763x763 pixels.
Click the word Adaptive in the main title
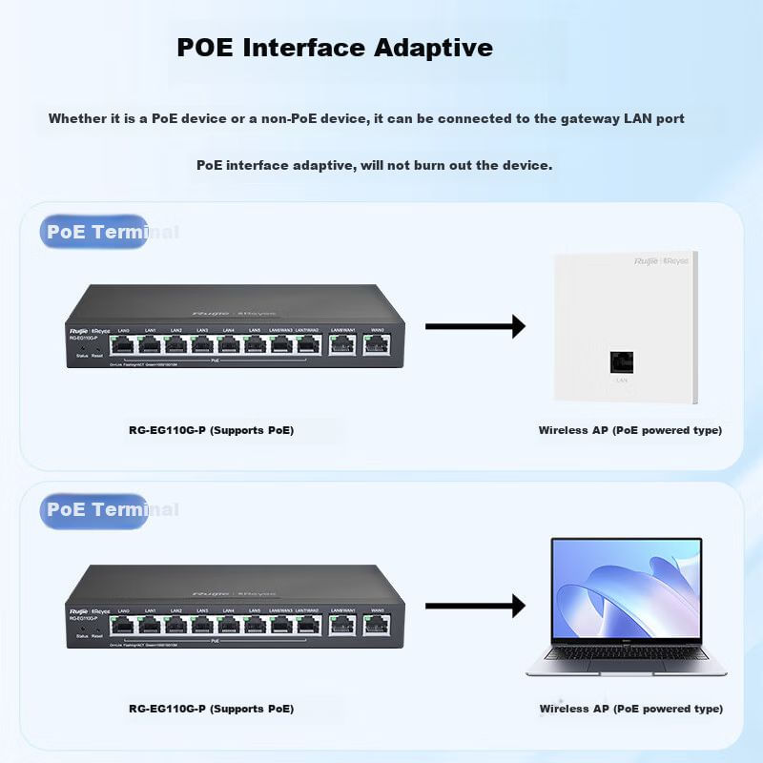pos(434,48)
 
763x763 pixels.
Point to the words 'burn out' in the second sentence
pos(440,165)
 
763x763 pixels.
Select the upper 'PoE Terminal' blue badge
pos(94,232)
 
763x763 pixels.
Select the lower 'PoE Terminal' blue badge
pos(94,509)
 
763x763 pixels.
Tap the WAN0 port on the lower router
pos(376,625)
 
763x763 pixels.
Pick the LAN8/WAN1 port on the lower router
pos(341,625)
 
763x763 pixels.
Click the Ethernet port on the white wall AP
pos(622,362)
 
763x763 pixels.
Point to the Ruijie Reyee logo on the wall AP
pos(661,260)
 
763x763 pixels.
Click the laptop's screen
pos(627,588)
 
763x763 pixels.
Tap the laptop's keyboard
pos(627,654)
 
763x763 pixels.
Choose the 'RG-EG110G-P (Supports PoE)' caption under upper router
pos(211,431)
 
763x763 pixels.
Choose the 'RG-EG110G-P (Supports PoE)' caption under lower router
pos(211,710)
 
